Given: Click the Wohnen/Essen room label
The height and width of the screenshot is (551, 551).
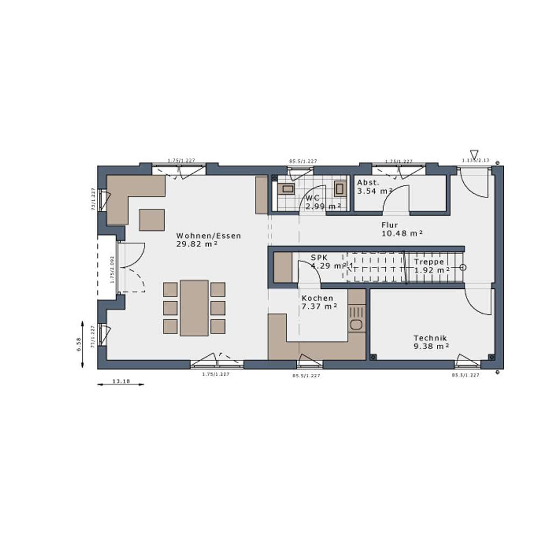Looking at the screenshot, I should [209, 236].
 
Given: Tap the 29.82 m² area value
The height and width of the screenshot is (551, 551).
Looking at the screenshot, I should [196, 244].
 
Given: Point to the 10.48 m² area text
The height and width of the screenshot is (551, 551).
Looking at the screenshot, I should [401, 233].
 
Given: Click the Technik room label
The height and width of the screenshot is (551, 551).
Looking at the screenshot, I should [430, 338].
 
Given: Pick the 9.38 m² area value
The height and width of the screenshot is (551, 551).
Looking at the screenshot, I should [431, 347].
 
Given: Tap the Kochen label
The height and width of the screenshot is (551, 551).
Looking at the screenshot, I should [317, 298].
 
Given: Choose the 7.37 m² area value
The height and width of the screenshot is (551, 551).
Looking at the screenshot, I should [319, 306].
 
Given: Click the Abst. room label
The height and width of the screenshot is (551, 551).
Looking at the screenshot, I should [368, 182].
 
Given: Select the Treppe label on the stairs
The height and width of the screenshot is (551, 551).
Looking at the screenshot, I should [429, 262].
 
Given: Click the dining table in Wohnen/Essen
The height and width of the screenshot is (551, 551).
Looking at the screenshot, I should [194, 308].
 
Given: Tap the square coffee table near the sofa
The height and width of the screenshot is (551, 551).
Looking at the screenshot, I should [152, 220].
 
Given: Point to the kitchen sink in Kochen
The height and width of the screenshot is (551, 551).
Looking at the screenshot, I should [356, 324].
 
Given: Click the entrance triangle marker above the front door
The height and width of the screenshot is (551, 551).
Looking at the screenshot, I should [474, 154].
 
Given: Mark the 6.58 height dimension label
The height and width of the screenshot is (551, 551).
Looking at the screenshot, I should [79, 345].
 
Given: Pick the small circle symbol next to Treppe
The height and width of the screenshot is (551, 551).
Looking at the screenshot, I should [462, 267].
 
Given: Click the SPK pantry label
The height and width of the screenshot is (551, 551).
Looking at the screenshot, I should [318, 258].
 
